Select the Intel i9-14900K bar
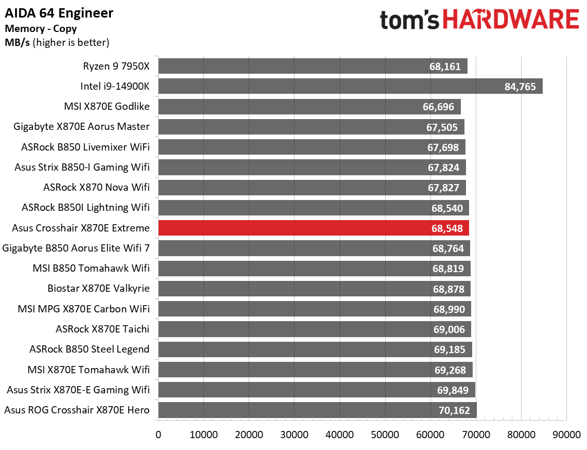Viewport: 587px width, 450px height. tap(350, 87)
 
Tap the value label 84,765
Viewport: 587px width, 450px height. tap(520, 87)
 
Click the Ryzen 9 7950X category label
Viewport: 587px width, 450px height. tap(116, 66)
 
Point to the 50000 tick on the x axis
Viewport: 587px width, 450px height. tap(385, 435)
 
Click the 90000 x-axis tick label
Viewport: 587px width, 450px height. tap(566, 435)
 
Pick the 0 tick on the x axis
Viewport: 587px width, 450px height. tap(159, 435)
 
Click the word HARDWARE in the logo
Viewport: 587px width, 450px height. tap(510, 21)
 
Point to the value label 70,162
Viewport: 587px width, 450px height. tap(453, 410)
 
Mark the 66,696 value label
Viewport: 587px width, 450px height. tap(437, 107)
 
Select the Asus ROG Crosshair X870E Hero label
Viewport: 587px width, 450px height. tap(77, 410)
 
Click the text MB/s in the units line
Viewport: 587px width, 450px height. tap(17, 42)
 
